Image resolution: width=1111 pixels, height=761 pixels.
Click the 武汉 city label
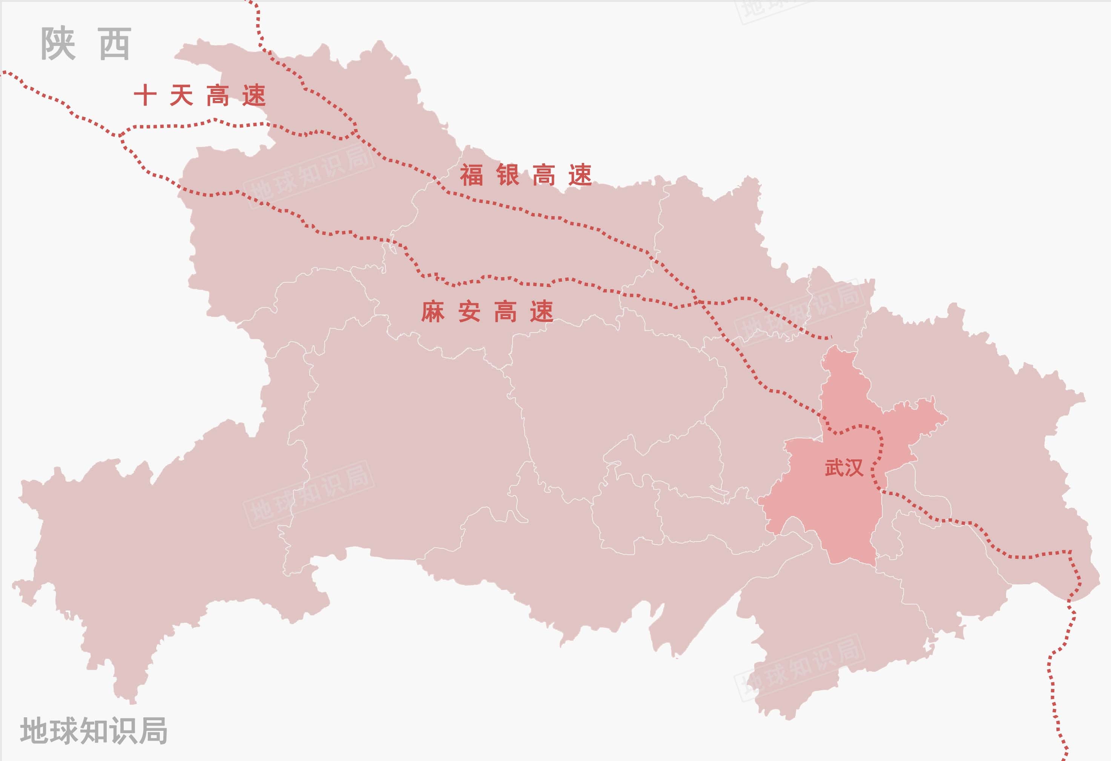pos(844,468)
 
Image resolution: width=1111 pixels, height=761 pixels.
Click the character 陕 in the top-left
pos(58,43)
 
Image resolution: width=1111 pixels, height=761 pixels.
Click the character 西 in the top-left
pos(115,43)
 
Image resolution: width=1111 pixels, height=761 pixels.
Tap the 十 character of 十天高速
pos(145,95)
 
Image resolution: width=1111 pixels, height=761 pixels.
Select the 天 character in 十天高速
pos(181,95)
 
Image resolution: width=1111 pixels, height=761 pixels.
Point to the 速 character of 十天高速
pos(254,95)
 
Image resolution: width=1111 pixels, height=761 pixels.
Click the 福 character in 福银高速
pos(471,175)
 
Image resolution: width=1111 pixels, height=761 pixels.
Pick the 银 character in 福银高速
pos(508,175)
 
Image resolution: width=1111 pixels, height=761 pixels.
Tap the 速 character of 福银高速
pos(580,175)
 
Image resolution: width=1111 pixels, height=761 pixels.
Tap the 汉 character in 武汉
pos(854,468)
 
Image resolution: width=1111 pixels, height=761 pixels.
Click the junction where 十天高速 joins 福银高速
pos(356,129)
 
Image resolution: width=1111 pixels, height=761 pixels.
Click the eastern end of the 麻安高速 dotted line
pos(830,338)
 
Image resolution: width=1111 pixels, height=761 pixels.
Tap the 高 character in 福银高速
pos(544,175)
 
